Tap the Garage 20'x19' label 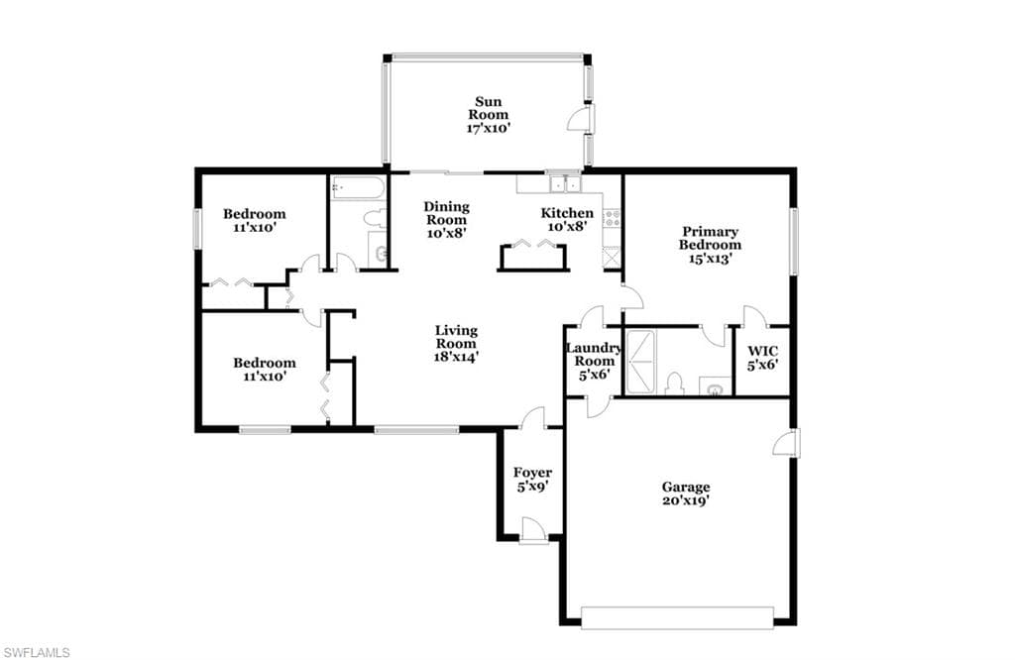tap(686, 494)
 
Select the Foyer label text tap(532, 473)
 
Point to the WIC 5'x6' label tap(763, 358)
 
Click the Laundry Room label tap(595, 355)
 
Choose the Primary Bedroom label tap(710, 238)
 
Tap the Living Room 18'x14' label tap(456, 344)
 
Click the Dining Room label tap(447, 213)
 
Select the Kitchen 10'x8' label tap(567, 220)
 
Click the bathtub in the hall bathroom tap(358, 188)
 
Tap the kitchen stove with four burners tap(612, 218)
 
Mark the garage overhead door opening tap(677, 617)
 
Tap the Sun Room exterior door tap(581, 119)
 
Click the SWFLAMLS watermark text tap(37, 652)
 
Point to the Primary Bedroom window tap(794, 241)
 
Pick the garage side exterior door tap(787, 443)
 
